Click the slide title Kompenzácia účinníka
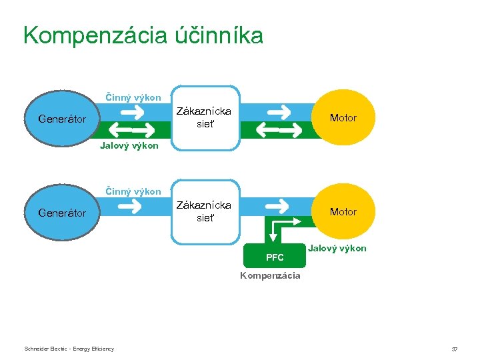point(143,35)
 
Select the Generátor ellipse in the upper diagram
point(62,119)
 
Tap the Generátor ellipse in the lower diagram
point(62,213)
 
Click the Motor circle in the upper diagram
point(343,118)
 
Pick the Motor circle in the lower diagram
point(343,212)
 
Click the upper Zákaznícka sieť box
point(205,118)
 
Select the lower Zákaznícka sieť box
point(205,212)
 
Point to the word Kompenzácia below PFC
point(271,275)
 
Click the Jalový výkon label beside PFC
point(337,248)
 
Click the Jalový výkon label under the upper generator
point(129,145)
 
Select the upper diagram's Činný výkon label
point(133,97)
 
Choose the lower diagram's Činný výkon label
point(133,191)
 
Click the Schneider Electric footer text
point(69,349)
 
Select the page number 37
point(455,349)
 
